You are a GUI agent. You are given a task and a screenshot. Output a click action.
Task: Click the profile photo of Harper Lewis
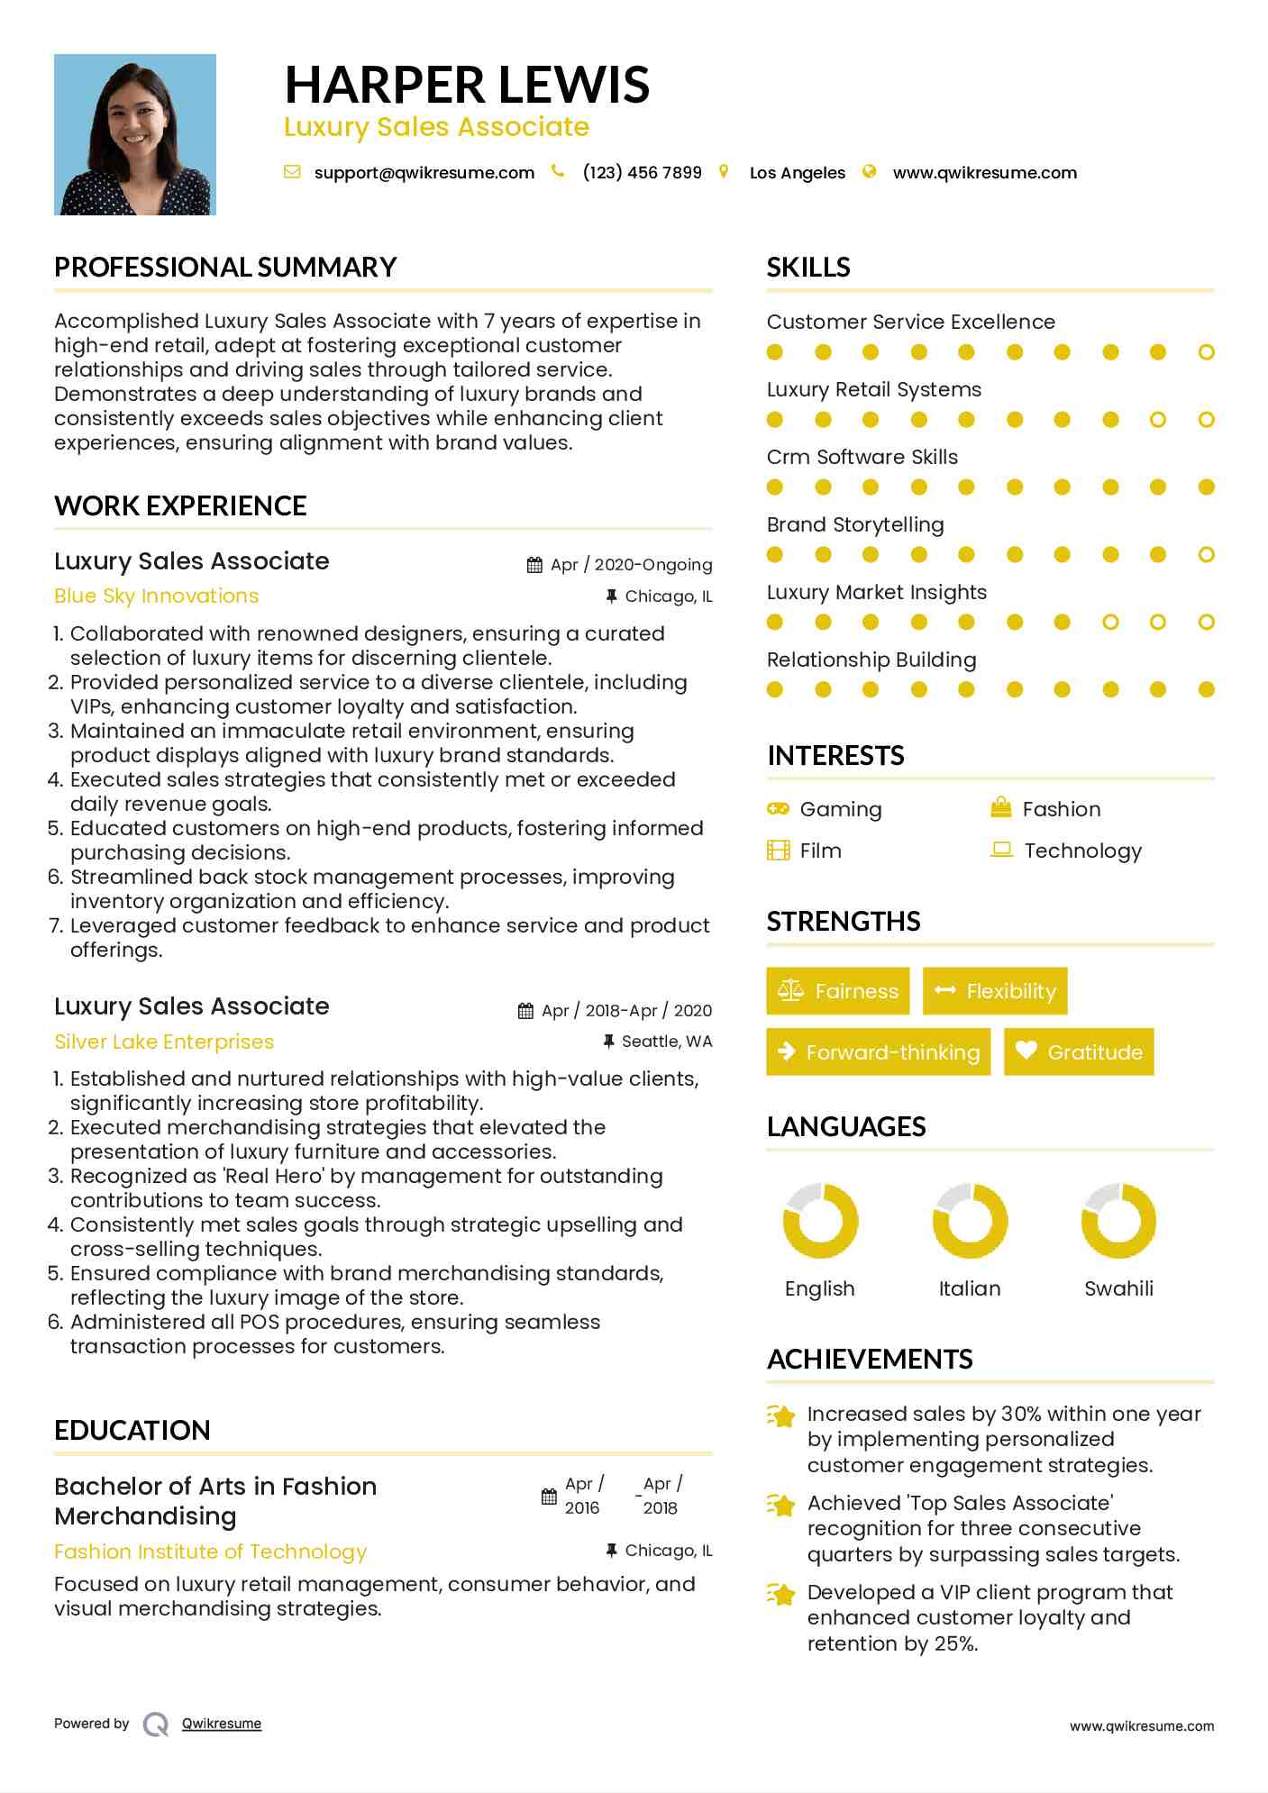click(135, 134)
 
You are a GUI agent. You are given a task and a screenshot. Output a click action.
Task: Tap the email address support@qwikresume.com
click(424, 172)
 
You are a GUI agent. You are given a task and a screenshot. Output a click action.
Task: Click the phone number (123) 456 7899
click(642, 172)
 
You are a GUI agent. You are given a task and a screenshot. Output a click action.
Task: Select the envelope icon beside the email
click(292, 171)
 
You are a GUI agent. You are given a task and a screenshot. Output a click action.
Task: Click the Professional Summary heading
click(225, 268)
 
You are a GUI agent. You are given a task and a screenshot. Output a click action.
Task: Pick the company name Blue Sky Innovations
click(156, 596)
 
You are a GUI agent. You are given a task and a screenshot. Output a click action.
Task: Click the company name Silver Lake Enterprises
click(164, 1042)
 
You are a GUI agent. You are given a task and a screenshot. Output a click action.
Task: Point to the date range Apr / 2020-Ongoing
click(631, 565)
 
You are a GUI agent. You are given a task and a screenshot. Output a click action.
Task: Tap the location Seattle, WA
click(667, 1042)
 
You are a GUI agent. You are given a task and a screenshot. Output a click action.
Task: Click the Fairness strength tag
click(838, 991)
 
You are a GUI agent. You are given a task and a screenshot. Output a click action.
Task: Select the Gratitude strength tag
click(1079, 1051)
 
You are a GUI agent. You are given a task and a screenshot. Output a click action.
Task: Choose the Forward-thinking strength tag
click(879, 1051)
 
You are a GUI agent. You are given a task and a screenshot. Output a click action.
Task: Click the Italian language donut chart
click(970, 1221)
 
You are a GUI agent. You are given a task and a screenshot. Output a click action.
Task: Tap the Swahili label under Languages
click(1118, 1288)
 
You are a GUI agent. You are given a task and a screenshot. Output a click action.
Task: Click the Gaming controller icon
click(778, 808)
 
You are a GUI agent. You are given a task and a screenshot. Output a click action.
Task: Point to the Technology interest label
click(1082, 851)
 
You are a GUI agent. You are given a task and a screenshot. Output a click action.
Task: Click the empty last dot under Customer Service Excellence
click(1207, 352)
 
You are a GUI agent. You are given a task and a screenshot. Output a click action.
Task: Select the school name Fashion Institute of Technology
click(210, 1552)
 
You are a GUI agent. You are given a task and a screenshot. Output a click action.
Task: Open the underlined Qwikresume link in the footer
click(222, 1724)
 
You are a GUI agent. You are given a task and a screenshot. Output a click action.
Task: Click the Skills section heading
click(808, 268)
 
